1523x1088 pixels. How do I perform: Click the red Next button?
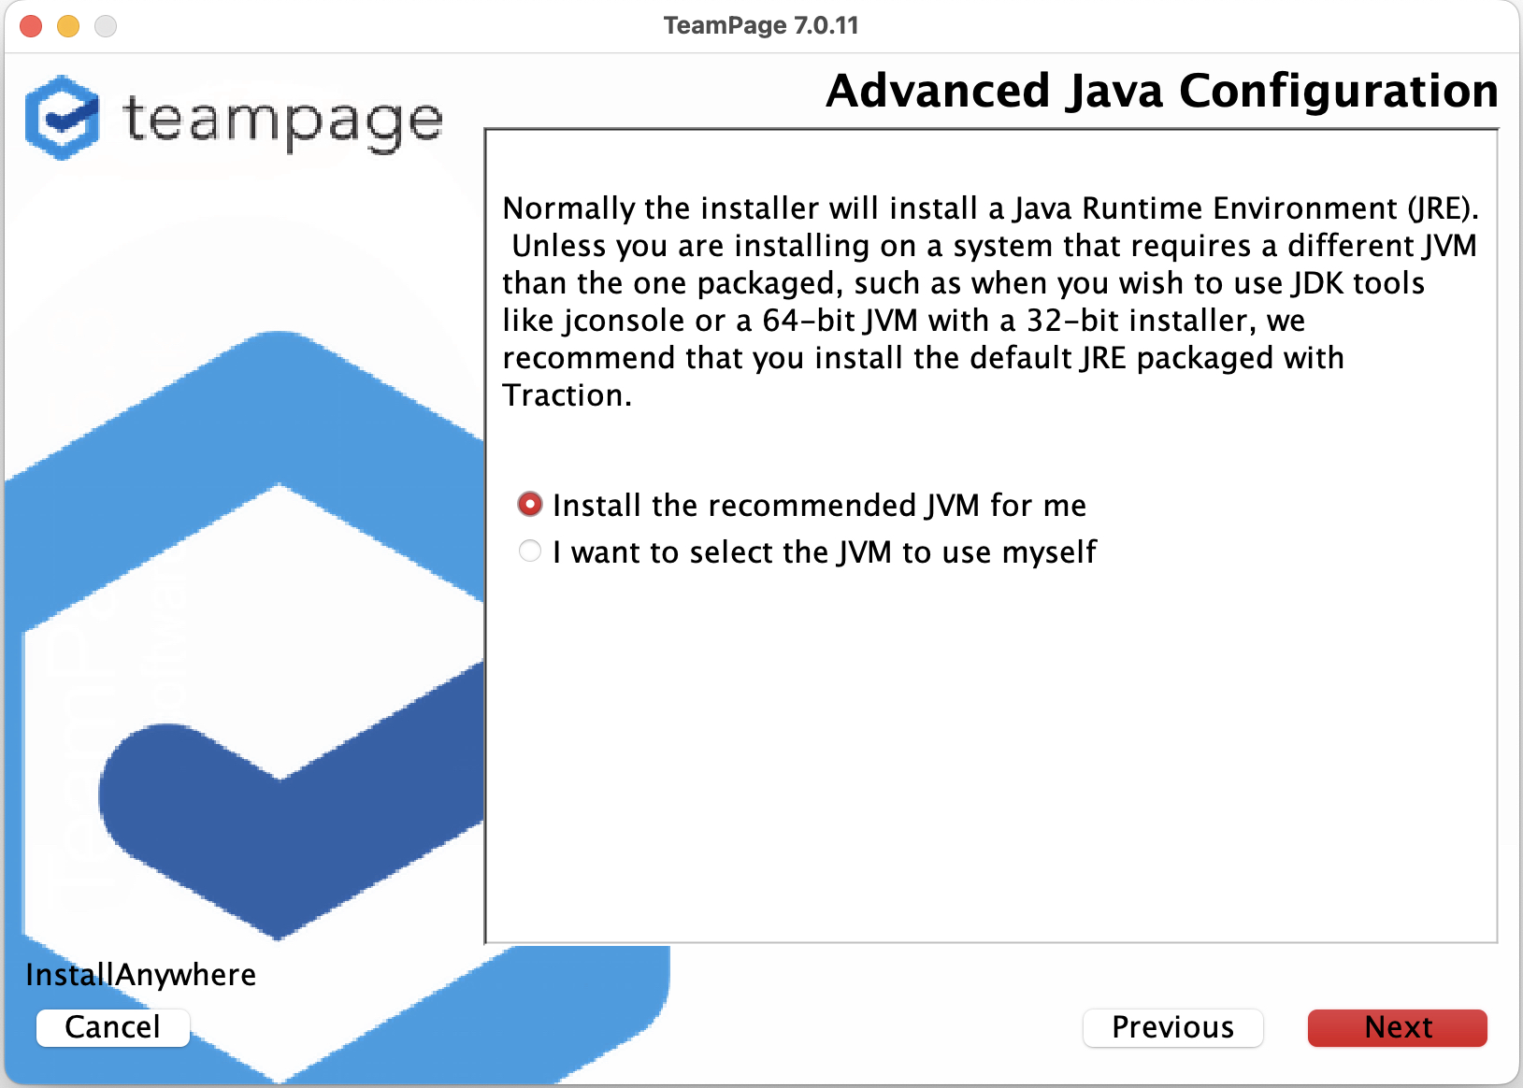click(1397, 1027)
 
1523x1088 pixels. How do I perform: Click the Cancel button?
click(113, 1027)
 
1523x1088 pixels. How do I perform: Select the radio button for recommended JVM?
click(530, 504)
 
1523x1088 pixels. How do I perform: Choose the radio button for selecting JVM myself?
click(530, 551)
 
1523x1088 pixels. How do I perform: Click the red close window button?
click(31, 26)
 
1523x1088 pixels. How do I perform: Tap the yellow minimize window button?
click(68, 26)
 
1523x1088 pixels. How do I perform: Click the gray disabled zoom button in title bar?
click(106, 26)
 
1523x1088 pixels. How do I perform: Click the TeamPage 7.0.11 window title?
click(761, 26)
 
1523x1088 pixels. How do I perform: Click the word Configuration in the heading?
click(1339, 92)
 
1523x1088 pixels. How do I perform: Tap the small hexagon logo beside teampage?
click(62, 118)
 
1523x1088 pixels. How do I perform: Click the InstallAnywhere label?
click(141, 975)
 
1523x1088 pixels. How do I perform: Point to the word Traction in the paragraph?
click(567, 394)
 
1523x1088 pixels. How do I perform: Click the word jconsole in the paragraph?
click(624, 321)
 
